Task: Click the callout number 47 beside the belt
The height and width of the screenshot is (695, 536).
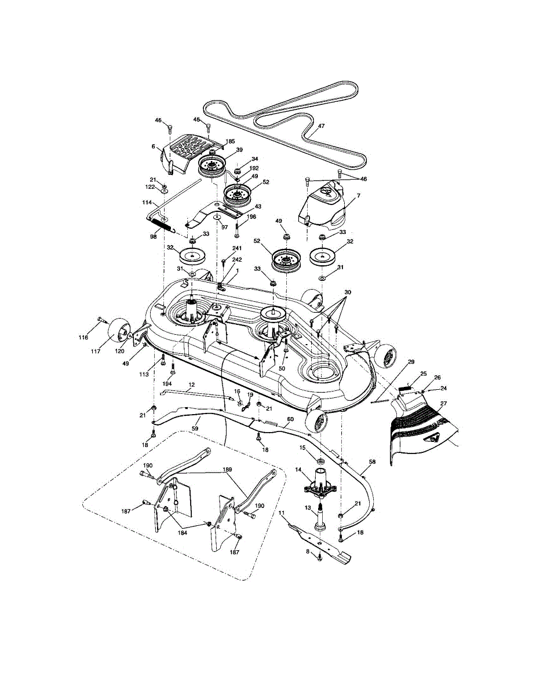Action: point(321,125)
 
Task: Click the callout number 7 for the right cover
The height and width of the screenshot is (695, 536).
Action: point(358,196)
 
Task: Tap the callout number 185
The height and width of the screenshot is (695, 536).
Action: point(230,141)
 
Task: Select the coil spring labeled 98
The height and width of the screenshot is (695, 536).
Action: point(165,226)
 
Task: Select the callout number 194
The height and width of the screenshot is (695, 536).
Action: point(167,384)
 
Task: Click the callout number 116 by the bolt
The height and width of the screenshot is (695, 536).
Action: point(83,338)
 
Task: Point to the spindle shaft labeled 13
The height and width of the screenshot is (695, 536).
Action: point(319,518)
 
